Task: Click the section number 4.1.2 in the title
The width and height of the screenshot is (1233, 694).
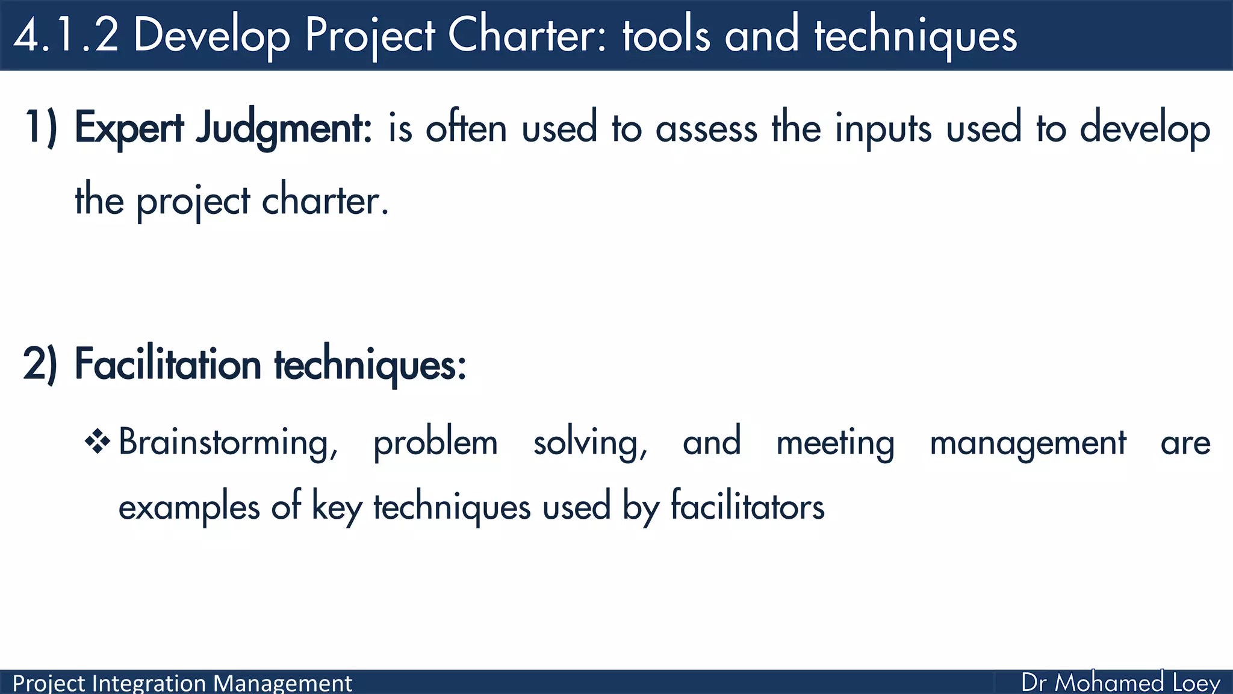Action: [x=66, y=35]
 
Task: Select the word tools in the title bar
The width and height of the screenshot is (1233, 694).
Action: [x=666, y=35]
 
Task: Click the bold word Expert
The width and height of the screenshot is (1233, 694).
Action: [x=129, y=128]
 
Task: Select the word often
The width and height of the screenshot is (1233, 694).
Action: [x=466, y=128]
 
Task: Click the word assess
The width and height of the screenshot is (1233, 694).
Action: [x=706, y=128]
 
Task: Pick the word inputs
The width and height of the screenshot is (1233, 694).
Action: [x=883, y=128]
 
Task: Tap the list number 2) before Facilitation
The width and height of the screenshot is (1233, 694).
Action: [x=40, y=364]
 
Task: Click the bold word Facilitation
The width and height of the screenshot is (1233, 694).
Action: [x=168, y=364]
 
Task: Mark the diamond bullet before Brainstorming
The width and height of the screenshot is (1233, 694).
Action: [x=98, y=442]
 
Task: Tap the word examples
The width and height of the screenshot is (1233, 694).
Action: [x=189, y=507]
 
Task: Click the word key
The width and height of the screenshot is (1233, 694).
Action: [x=337, y=507]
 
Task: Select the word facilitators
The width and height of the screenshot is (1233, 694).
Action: [x=747, y=506]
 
